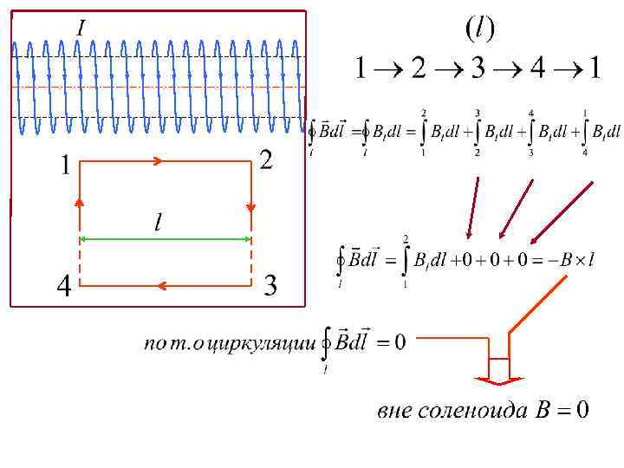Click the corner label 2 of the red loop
(x=266, y=160)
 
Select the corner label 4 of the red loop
(x=63, y=286)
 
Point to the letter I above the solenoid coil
(x=81, y=29)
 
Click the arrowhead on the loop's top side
(x=158, y=161)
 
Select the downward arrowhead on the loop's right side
(x=251, y=208)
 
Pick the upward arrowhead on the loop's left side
(x=80, y=202)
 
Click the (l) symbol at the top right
(x=479, y=29)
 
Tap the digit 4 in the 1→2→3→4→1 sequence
(x=537, y=68)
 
